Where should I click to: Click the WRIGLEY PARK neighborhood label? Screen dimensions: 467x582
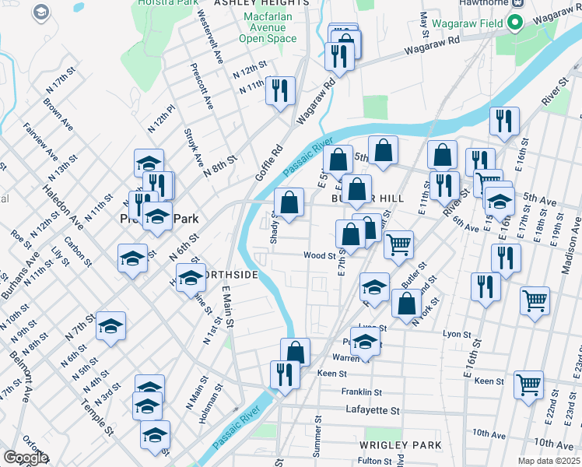(400, 444)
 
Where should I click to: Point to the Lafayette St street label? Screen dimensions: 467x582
(372, 410)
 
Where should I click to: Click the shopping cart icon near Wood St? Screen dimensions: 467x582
(398, 244)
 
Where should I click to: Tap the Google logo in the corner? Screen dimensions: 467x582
(26, 458)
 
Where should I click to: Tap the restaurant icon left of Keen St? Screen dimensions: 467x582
(285, 374)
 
